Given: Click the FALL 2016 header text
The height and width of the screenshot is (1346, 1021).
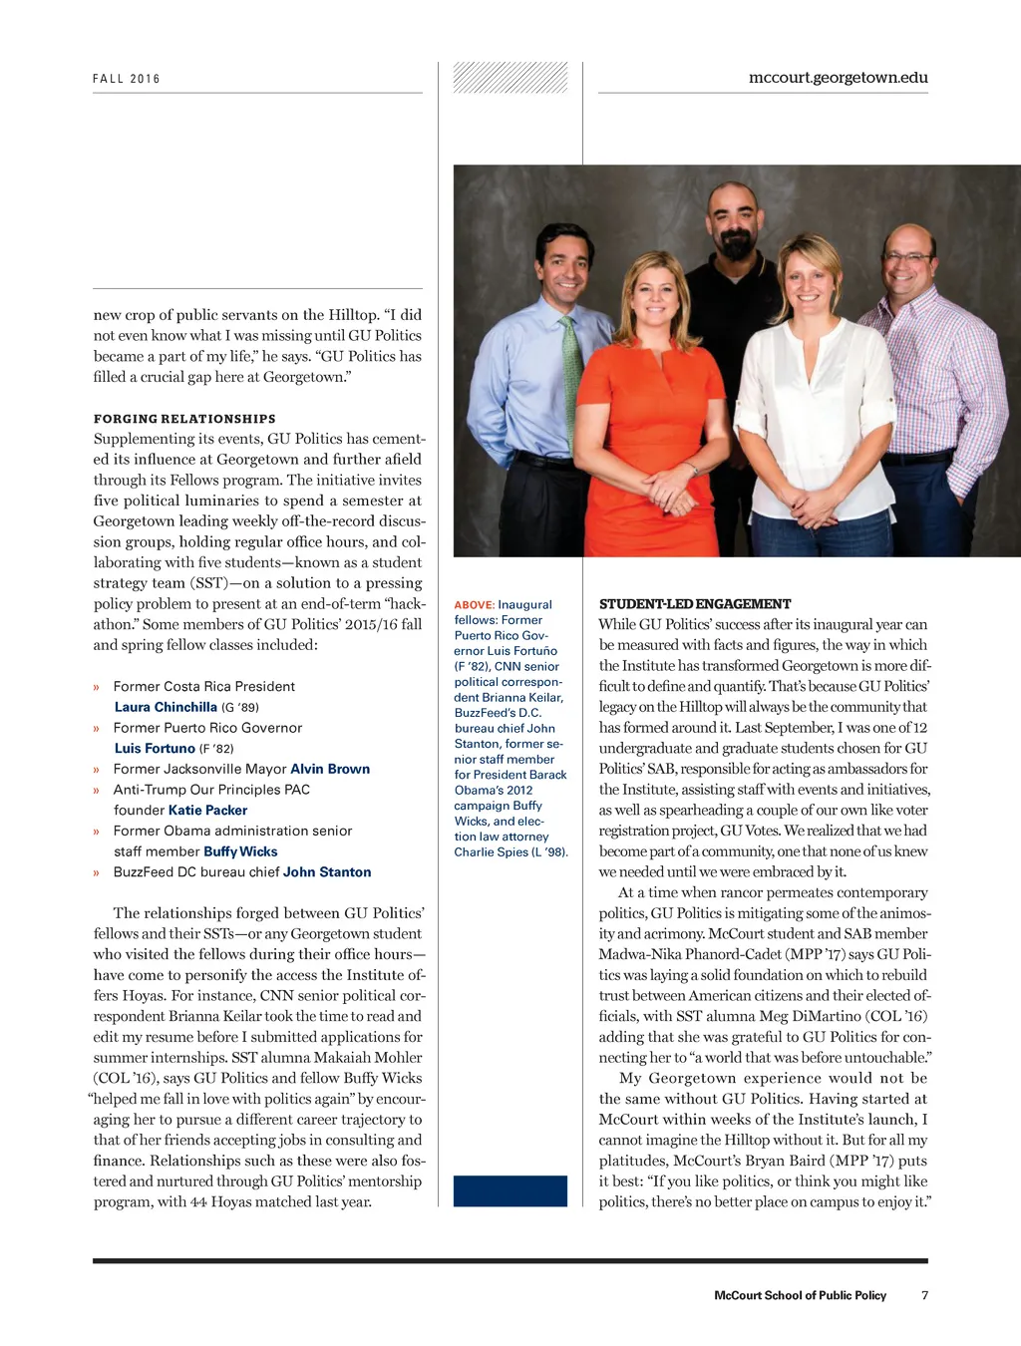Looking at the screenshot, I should click(127, 79).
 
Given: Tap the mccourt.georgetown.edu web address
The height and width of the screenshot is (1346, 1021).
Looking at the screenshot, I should click(838, 78).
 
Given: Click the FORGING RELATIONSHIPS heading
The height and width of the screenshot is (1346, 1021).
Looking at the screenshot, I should click(184, 419).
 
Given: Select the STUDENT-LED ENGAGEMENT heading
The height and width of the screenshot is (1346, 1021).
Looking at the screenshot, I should click(695, 604).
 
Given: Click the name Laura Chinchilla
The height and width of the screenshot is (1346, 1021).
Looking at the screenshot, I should click(166, 707).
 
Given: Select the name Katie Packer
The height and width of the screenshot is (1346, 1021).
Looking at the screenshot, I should click(207, 811).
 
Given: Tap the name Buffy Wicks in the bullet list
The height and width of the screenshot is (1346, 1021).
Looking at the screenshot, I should click(240, 851).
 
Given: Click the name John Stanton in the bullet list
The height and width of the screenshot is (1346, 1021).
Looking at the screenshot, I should click(327, 872).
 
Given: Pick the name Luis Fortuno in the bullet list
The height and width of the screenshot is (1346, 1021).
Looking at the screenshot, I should click(155, 748).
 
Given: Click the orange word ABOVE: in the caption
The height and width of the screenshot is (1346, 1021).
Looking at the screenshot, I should click(474, 605).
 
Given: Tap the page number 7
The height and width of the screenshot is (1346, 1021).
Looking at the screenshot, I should click(924, 1295).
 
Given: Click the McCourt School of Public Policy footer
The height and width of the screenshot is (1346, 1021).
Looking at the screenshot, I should click(800, 1295).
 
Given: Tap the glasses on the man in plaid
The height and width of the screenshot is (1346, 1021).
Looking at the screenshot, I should click(907, 257).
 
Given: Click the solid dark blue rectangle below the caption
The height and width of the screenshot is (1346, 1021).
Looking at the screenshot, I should click(510, 1190).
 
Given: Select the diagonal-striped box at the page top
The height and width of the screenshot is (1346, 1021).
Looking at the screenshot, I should click(510, 78).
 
